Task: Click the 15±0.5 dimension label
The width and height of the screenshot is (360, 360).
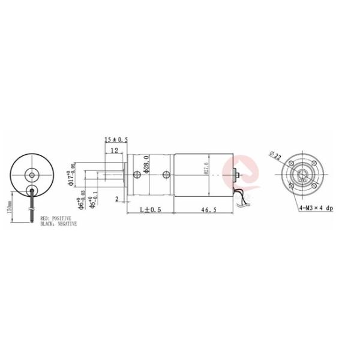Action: (x=116, y=140)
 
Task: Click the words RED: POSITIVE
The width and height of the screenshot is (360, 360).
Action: (x=56, y=218)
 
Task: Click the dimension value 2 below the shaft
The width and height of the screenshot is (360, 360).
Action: (x=116, y=199)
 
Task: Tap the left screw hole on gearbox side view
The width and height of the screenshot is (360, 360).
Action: (x=138, y=175)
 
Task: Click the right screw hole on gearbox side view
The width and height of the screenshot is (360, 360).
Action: (x=166, y=175)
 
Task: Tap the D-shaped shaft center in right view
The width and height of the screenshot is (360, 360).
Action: (x=301, y=176)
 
